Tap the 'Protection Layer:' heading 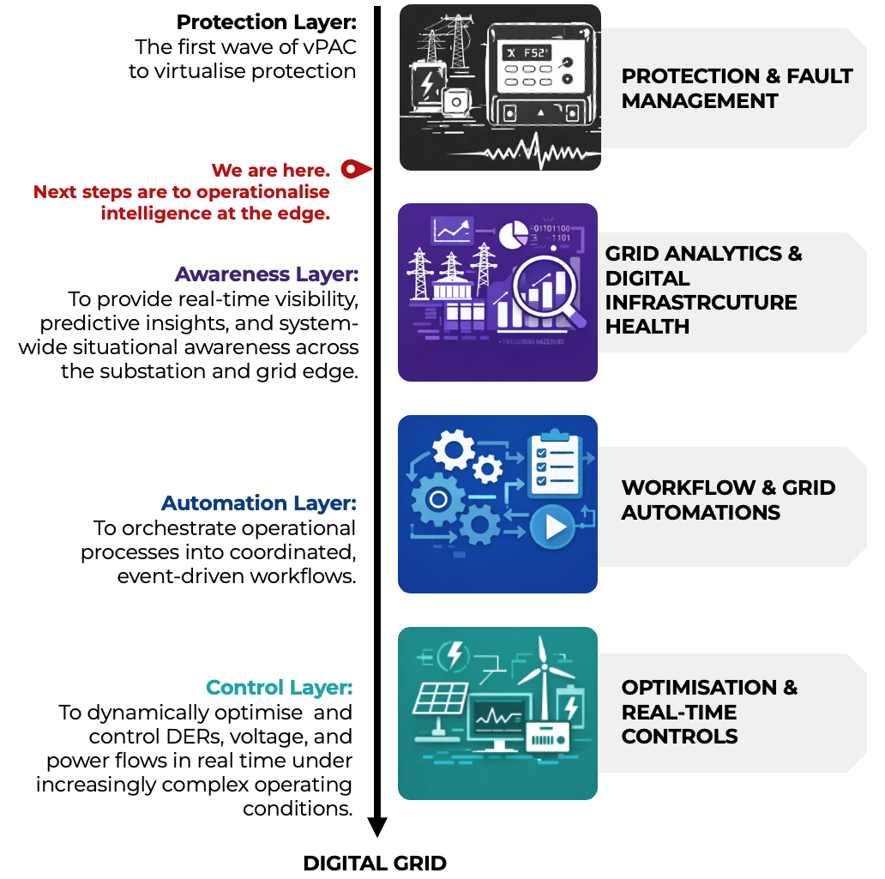pos(266,21)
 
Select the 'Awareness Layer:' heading pos(267,274)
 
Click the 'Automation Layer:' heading pos(259,503)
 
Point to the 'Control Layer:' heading pos(280,688)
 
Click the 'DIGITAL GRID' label pos(375,863)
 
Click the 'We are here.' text pos(271,170)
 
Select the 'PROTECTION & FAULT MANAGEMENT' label pos(737,88)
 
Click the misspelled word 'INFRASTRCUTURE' pos(701,303)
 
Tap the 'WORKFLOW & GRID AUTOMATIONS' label pos(728,500)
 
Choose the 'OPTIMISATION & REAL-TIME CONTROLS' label pos(709,712)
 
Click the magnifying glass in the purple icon pos(544,288)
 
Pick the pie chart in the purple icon pos(514,233)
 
